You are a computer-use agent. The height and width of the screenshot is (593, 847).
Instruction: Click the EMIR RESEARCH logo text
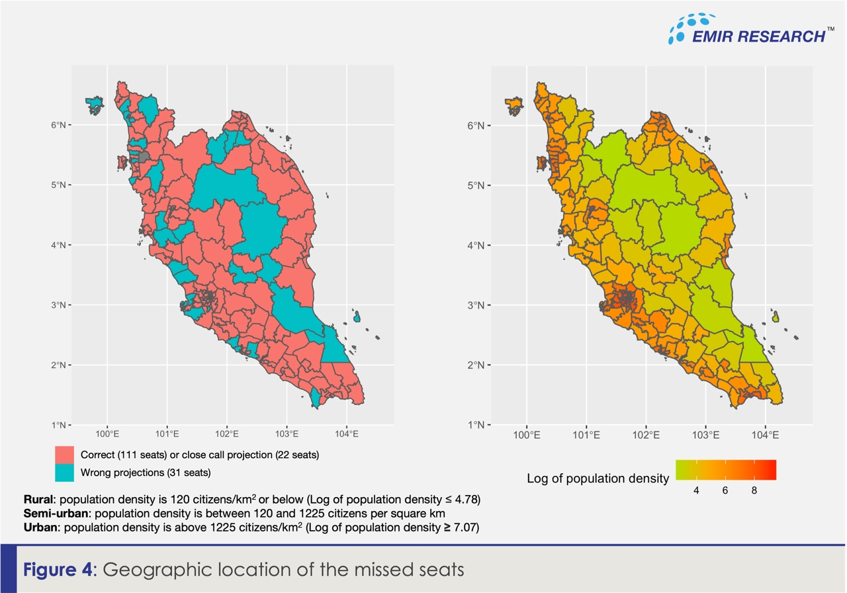(x=757, y=36)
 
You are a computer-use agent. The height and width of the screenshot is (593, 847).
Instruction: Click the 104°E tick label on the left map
(x=347, y=435)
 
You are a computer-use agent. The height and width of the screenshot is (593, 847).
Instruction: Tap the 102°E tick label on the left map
(x=226, y=435)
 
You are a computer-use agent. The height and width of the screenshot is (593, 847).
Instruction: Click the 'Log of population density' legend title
(x=598, y=478)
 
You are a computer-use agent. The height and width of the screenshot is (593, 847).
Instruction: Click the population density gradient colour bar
(x=725, y=470)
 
